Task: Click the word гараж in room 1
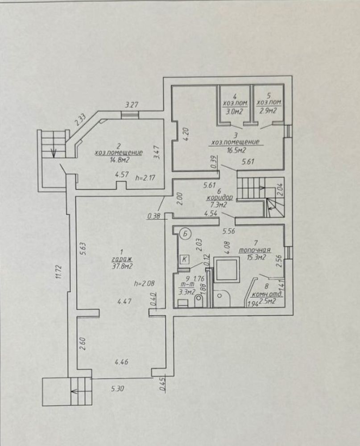coord(122,259)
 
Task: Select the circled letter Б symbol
coord(186,234)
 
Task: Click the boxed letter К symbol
coord(185,259)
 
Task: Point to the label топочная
coord(254,250)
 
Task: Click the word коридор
coord(220,197)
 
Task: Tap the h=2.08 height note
coord(145,284)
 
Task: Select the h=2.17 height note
coord(145,178)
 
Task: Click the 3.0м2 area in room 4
coord(234,111)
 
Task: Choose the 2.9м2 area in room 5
coord(268,111)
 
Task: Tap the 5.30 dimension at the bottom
coord(117,388)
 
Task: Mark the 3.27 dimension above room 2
coord(132,105)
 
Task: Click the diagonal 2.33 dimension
coord(81,120)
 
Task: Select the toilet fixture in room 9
coord(199,301)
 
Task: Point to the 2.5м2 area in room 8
coord(268,301)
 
